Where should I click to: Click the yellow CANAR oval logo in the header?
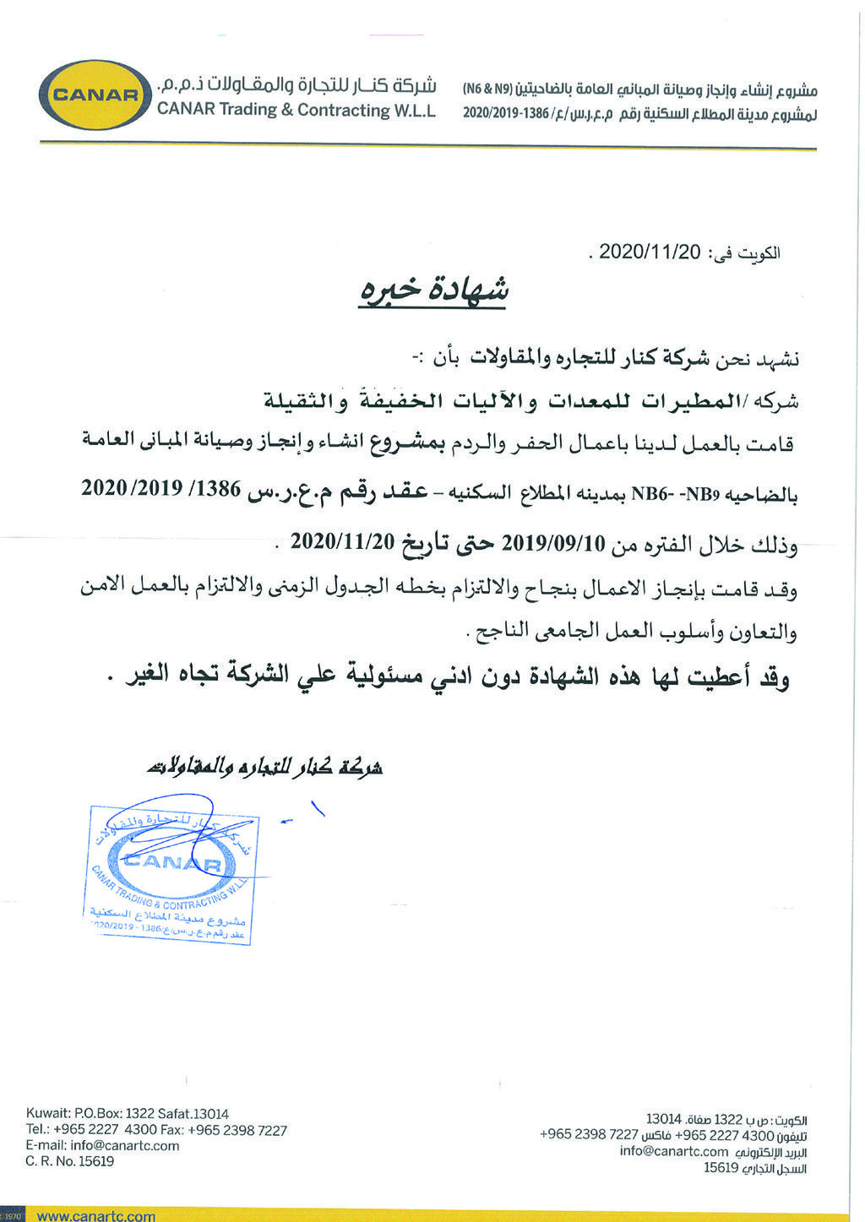pyautogui.click(x=95, y=95)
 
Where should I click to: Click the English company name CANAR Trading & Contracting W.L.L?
pyautogui.click(x=296, y=110)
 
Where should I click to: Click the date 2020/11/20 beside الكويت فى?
pyautogui.click(x=650, y=253)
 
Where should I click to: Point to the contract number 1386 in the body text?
pyautogui.click(x=222, y=490)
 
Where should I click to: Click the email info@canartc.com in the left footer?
pyautogui.click(x=102, y=1145)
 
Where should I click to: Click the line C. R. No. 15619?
pyautogui.click(x=70, y=1161)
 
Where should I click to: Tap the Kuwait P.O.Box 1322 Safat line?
pyautogui.click(x=128, y=1113)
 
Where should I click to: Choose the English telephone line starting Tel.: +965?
pyautogui.click(x=156, y=1129)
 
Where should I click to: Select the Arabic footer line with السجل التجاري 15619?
pyautogui.click(x=755, y=1168)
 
